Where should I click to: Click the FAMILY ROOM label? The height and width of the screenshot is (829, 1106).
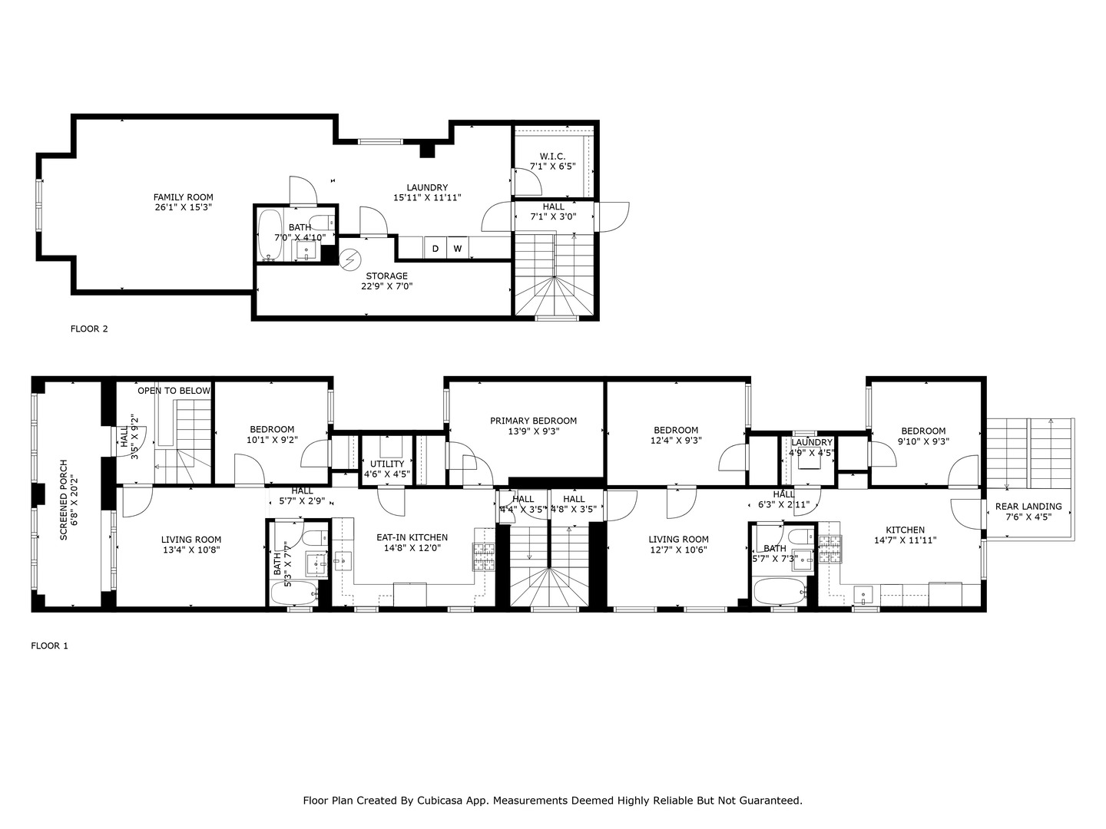(x=184, y=197)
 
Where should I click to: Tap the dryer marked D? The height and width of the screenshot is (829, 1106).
(x=435, y=248)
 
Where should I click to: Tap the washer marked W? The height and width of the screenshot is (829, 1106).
(x=458, y=248)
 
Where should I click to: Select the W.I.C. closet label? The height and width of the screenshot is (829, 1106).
(x=552, y=157)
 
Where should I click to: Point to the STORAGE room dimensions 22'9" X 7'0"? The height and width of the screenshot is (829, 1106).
(x=387, y=286)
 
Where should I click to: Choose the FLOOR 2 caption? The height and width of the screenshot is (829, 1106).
(x=89, y=329)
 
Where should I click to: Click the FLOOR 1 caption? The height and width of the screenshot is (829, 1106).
(x=49, y=646)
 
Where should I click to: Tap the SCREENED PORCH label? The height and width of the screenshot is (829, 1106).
(x=64, y=500)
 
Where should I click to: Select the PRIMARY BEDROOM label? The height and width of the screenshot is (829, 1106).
(x=534, y=421)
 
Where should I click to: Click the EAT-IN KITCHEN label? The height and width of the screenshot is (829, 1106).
(x=412, y=537)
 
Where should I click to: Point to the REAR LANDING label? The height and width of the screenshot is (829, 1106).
(x=1028, y=507)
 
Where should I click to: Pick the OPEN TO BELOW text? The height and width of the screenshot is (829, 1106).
(x=174, y=391)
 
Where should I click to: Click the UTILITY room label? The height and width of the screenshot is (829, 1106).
(x=387, y=464)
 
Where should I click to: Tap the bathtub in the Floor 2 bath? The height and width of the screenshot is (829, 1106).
(x=270, y=235)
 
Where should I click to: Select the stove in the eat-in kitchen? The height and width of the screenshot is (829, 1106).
(x=484, y=557)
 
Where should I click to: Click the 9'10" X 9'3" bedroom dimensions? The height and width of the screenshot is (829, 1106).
(x=924, y=441)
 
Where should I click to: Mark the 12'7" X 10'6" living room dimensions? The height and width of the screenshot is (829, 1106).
(x=679, y=550)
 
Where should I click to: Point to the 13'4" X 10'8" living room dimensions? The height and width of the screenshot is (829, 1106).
(x=191, y=550)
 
